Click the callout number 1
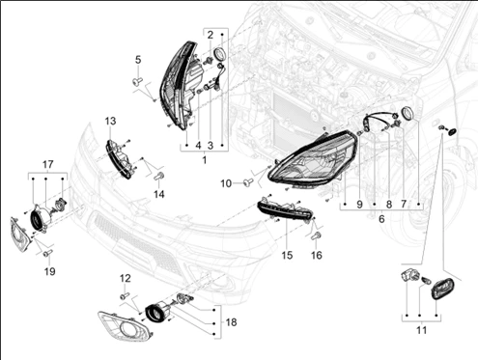pyautogui.click(x=205, y=160)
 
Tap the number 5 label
pyautogui.click(x=138, y=60)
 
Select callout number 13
pyautogui.click(x=110, y=122)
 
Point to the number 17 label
pyautogui.click(x=48, y=165)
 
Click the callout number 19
pyautogui.click(x=49, y=271)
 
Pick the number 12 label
pyautogui.click(x=126, y=278)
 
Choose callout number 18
pyautogui.click(x=232, y=322)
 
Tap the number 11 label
pyautogui.click(x=421, y=330)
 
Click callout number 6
pyautogui.click(x=381, y=219)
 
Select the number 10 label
pyautogui.click(x=226, y=183)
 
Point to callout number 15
pyautogui.click(x=287, y=256)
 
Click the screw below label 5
pyautogui.click(x=137, y=82)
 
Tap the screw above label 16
pyautogui.click(x=316, y=236)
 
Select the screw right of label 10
pyautogui.click(x=248, y=182)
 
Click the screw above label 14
pyautogui.click(x=159, y=177)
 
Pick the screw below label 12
pyautogui.click(x=125, y=295)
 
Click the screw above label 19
pyautogui.click(x=47, y=253)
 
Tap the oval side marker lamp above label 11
pyautogui.click(x=442, y=290)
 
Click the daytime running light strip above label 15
pyautogui.click(x=285, y=210)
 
